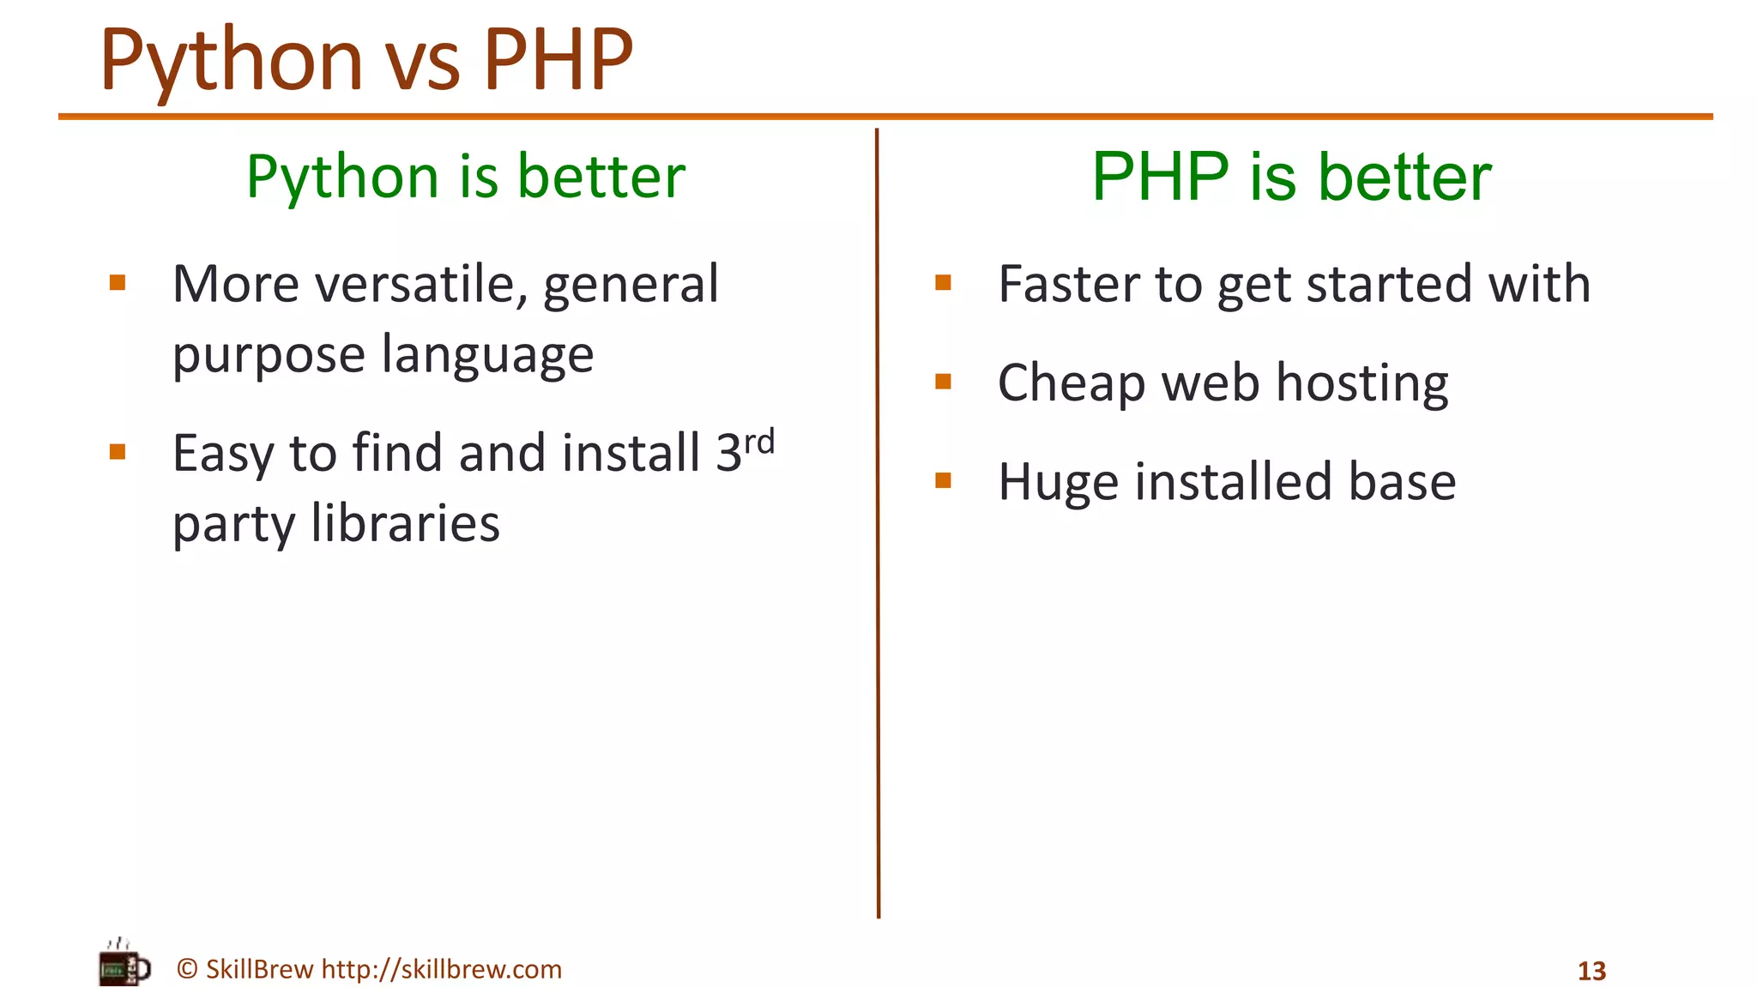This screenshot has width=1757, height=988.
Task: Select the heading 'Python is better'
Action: [x=466, y=177]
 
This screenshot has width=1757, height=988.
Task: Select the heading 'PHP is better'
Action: [x=1291, y=177]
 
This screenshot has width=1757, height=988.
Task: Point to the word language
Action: [x=487, y=356]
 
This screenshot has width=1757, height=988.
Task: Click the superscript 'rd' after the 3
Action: [x=759, y=443]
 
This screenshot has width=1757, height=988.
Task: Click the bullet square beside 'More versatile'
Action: [x=118, y=283]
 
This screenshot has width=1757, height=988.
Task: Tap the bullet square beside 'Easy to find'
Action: [x=118, y=452]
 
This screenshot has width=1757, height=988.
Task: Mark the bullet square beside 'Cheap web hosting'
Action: [x=943, y=382]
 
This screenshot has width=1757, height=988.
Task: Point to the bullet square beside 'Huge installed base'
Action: [x=943, y=480]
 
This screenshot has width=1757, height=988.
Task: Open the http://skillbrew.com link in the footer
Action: [x=441, y=969]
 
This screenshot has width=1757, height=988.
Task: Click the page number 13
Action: [x=1591, y=971]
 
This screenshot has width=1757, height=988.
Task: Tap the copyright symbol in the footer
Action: [x=187, y=969]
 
